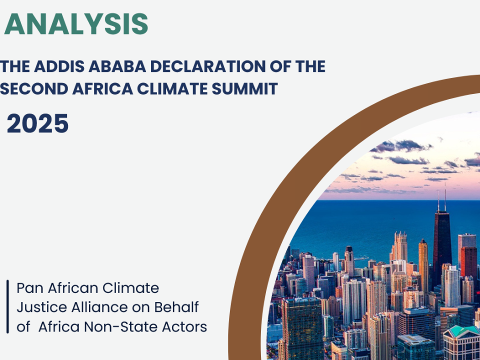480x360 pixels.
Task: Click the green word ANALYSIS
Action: click(76, 24)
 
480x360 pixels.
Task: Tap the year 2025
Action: click(37, 123)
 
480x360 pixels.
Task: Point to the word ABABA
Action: click(117, 66)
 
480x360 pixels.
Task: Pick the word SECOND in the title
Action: click(34, 89)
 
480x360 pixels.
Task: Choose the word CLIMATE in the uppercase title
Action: click(172, 89)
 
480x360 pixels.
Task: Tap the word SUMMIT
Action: click(245, 89)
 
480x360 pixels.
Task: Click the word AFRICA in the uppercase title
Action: click(102, 89)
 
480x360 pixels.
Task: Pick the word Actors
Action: click(184, 327)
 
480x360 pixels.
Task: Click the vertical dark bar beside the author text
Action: click(7, 306)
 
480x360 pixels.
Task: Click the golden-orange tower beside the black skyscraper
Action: click(423, 266)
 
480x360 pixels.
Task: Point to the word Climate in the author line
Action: click(130, 288)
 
